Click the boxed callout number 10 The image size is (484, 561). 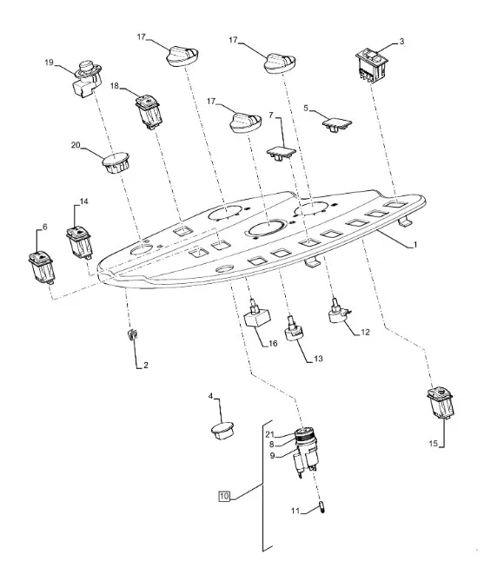(x=223, y=496)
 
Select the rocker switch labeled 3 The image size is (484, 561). (x=372, y=66)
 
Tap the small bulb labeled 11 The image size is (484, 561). (x=322, y=507)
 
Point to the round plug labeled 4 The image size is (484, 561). (x=222, y=431)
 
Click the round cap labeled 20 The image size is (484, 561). (x=116, y=162)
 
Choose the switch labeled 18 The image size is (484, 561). (x=149, y=111)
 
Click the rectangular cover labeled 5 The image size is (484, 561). (x=337, y=125)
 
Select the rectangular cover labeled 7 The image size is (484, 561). (x=282, y=153)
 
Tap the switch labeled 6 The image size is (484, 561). (x=42, y=267)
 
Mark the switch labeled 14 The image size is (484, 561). (x=79, y=242)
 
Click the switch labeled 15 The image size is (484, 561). (x=441, y=402)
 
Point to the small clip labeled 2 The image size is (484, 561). (x=132, y=334)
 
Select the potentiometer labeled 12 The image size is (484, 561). (x=338, y=311)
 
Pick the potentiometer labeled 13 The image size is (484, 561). (x=295, y=329)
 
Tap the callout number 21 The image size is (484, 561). (x=269, y=434)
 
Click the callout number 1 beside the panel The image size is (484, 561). (x=415, y=245)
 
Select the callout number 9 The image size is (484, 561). (x=273, y=455)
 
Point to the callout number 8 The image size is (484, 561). (x=272, y=445)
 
